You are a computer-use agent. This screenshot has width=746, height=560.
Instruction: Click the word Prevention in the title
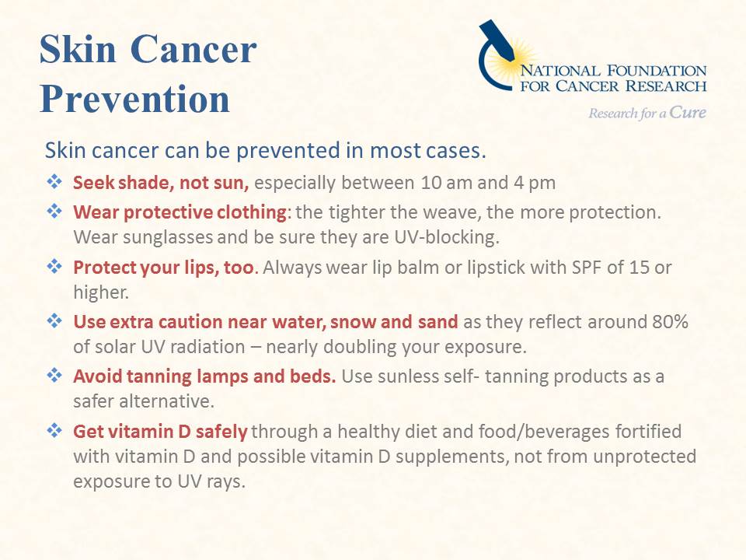pos(134,99)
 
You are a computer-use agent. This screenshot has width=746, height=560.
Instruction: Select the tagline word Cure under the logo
pos(688,112)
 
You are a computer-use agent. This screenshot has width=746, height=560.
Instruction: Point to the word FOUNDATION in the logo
pos(657,71)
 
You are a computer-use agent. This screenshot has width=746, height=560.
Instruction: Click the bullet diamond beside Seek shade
pos(54,181)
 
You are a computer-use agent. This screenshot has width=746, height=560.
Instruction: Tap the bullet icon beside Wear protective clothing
pos(54,211)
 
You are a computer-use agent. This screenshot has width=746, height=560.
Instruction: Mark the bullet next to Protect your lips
pos(54,266)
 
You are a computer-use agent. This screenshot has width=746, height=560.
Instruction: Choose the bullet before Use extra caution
pos(54,320)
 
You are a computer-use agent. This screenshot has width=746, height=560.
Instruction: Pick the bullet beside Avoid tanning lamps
pos(54,375)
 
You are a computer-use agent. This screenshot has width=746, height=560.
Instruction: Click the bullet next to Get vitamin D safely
pos(54,430)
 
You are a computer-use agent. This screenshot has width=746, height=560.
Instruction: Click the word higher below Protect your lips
pos(101,293)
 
